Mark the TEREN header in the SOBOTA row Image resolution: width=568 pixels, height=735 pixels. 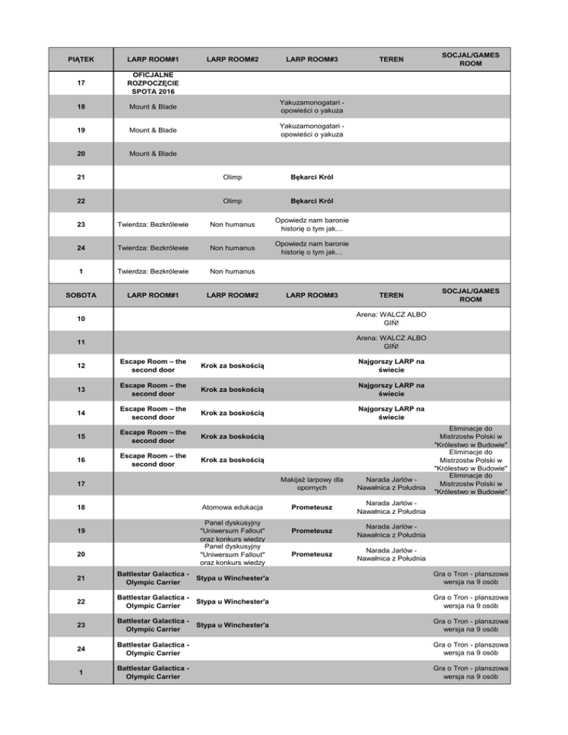click(x=390, y=296)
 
